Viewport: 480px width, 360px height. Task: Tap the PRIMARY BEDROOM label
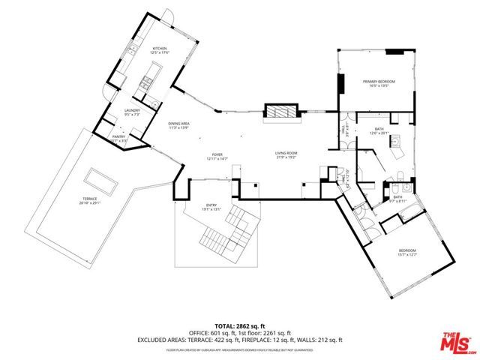tap(378, 82)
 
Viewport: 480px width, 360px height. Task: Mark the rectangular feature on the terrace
tap(100, 179)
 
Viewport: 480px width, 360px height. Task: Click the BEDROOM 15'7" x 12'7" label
tap(407, 252)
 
